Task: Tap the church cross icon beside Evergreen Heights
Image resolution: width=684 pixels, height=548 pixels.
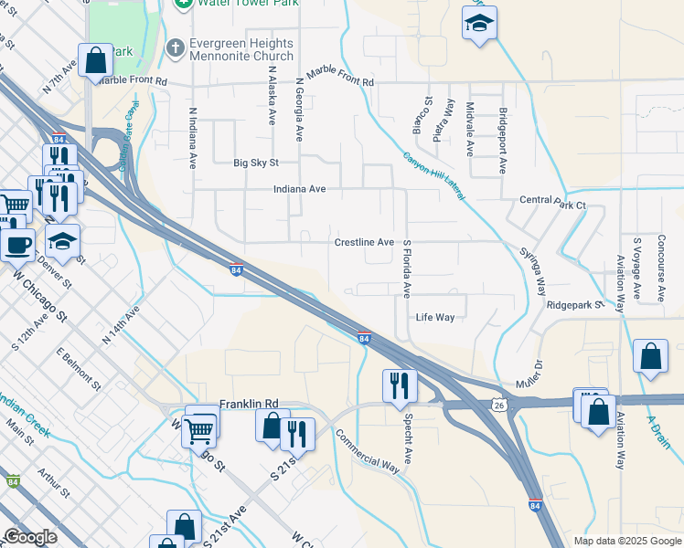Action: click(175, 45)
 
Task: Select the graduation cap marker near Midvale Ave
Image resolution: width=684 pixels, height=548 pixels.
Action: click(477, 24)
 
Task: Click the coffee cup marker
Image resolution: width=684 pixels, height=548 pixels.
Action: click(17, 243)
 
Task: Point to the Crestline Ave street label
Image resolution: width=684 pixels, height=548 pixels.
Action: click(363, 243)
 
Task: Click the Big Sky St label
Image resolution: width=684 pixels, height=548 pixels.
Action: click(255, 163)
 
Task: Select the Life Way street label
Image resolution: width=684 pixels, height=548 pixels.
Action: click(435, 318)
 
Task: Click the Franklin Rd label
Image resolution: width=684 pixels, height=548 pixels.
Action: click(248, 403)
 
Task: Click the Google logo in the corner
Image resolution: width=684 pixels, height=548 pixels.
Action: click(29, 537)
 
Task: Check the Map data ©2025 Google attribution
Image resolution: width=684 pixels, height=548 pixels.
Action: click(626, 541)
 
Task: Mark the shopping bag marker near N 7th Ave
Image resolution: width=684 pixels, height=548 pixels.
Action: click(96, 61)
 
